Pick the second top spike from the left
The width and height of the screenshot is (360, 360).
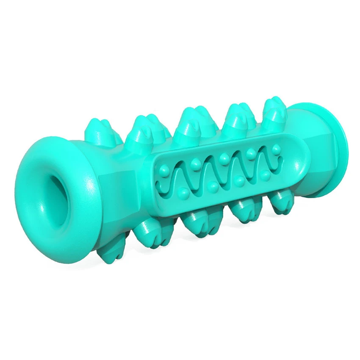tap(142, 127)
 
